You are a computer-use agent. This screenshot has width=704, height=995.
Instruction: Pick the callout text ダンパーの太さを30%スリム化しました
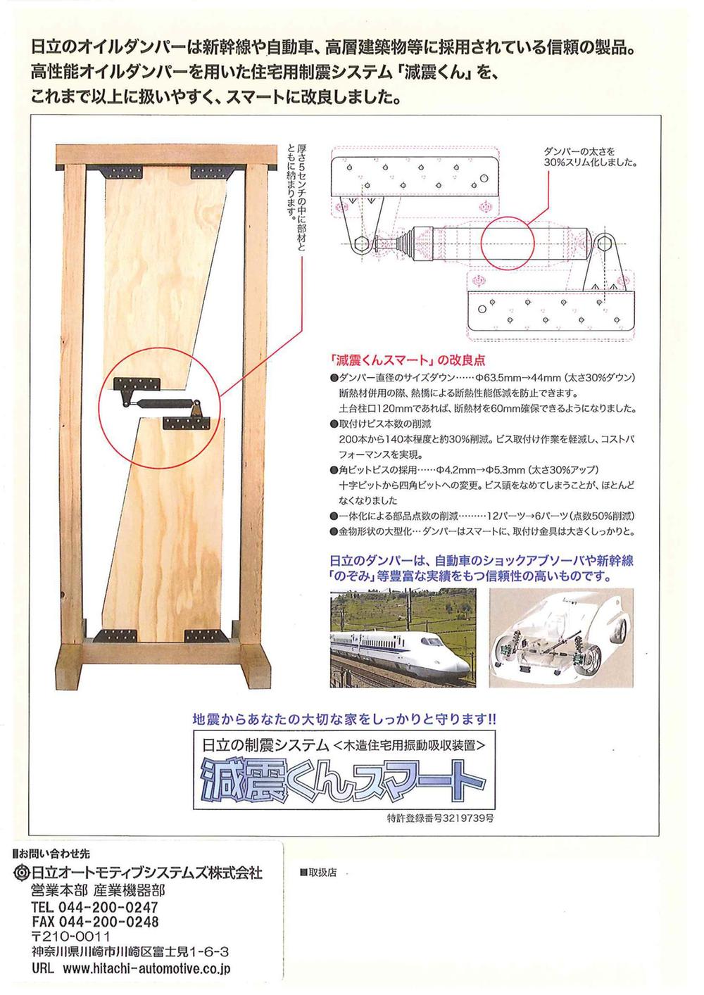click(x=589, y=156)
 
